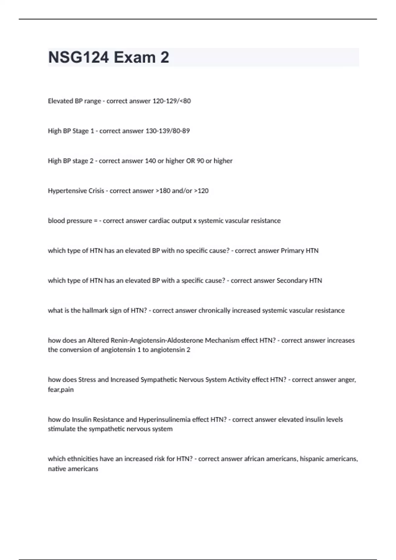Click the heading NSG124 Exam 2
coord(109,57)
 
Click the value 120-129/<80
coord(171,101)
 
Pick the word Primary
coord(292,251)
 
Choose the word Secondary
coord(292,281)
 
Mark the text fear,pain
coord(61,390)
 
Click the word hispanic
coord(312,459)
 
